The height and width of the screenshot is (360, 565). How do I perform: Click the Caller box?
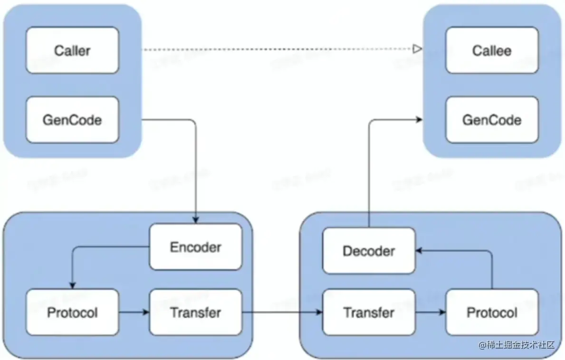[x=72, y=50]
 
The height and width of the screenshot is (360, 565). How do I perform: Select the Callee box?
[x=492, y=50]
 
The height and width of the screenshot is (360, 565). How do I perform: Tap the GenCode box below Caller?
[x=72, y=120]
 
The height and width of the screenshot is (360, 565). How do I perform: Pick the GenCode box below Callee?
[x=492, y=120]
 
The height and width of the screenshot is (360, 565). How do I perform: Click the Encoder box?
[x=195, y=247]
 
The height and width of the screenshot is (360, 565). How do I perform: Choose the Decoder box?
[x=369, y=251]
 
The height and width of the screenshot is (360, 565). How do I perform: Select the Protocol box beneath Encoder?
[x=72, y=312]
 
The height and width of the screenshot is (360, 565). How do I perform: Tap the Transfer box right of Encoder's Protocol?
[x=195, y=312]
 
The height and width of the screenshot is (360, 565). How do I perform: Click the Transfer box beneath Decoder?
[x=369, y=312]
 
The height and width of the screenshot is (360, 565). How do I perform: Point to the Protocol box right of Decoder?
[x=492, y=312]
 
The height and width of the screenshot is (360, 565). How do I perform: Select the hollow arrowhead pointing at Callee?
[x=417, y=49]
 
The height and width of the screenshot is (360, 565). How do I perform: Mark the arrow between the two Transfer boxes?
[x=282, y=312]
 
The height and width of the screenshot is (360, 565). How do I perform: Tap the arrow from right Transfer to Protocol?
[x=431, y=312]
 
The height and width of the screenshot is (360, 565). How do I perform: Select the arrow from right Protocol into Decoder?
[x=492, y=266]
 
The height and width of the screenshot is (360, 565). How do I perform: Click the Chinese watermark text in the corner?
[x=516, y=345]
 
